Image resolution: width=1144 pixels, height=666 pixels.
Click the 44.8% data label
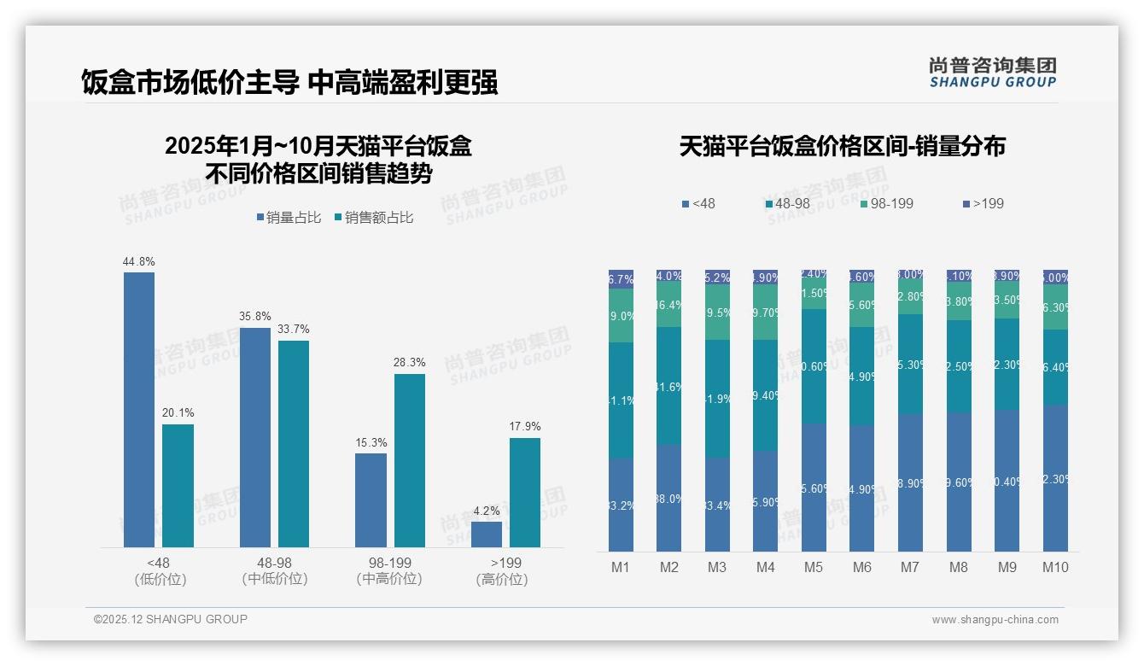tap(139, 262)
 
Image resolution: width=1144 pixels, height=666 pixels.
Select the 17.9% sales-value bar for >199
tap(525, 493)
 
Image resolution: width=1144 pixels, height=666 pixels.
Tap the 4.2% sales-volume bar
tap(487, 534)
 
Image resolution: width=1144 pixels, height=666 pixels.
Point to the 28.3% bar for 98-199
tap(410, 460)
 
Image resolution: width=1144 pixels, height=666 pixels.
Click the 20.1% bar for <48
tap(178, 486)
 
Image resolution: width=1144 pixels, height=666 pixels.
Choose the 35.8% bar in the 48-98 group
tap(255, 437)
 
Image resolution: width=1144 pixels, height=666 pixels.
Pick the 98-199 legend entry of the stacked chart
tap(887, 204)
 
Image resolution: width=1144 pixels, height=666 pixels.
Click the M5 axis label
tap(814, 568)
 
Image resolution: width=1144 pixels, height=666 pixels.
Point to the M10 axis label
tap(1055, 568)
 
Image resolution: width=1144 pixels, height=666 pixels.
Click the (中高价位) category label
tap(389, 579)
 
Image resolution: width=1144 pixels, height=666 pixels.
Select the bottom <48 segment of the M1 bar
tap(621, 505)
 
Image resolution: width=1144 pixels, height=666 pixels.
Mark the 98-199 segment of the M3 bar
tap(717, 313)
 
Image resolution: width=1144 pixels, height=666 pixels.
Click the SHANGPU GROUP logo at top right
tap(993, 73)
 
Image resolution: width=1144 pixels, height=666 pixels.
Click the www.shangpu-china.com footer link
tap(995, 620)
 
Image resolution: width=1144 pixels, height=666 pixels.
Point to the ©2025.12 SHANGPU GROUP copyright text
tap(171, 619)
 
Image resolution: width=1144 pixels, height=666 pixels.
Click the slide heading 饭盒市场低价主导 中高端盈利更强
tap(289, 82)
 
